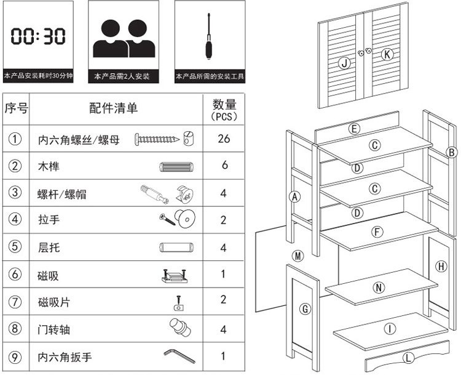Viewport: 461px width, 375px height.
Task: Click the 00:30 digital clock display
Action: [x=38, y=36]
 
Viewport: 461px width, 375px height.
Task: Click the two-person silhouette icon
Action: [x=124, y=38]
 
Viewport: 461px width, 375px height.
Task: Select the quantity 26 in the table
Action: [x=224, y=139]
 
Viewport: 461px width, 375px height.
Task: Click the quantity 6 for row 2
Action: [x=224, y=165]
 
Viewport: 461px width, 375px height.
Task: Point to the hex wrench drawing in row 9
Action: [x=179, y=355]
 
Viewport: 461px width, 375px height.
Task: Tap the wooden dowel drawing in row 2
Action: [x=176, y=167]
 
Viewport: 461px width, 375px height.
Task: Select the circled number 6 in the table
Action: [x=15, y=274]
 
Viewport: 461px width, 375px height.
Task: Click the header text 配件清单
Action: [x=114, y=108]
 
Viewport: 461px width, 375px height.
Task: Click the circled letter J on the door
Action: [x=344, y=63]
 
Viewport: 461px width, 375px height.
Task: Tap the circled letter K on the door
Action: [x=387, y=55]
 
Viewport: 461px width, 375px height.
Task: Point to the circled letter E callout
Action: [x=354, y=129]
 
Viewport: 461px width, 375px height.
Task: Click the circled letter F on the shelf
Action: [x=377, y=232]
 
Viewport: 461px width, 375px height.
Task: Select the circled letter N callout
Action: [x=379, y=288]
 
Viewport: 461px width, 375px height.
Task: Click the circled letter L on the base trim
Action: [x=408, y=358]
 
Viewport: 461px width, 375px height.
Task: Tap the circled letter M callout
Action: [x=298, y=256]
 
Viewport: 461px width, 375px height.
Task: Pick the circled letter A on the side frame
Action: [x=294, y=196]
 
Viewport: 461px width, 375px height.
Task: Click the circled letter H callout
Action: [x=441, y=267]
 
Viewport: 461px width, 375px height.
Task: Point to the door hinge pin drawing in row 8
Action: [x=180, y=328]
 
